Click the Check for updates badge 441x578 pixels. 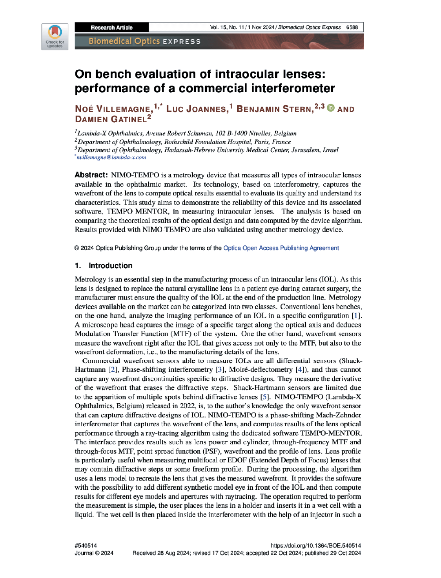click(x=55, y=37)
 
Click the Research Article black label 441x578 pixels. click(x=112, y=27)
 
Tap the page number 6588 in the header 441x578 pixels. click(x=352, y=27)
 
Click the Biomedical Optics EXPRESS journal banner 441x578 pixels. click(x=145, y=41)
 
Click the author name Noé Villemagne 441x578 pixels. click(x=113, y=109)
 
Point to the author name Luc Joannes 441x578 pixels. click(x=197, y=109)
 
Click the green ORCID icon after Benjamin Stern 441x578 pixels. click(x=331, y=108)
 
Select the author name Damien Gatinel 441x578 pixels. click(x=110, y=119)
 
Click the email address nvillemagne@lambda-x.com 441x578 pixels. click(x=111, y=158)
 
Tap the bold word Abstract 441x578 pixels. click(x=91, y=175)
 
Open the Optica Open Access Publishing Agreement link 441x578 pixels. click(x=281, y=248)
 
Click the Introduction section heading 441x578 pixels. click(x=110, y=266)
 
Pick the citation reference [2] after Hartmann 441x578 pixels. click(x=113, y=370)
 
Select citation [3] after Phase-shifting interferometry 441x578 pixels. click(x=220, y=370)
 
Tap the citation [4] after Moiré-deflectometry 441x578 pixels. click(x=300, y=370)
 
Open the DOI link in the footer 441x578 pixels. click(x=316, y=546)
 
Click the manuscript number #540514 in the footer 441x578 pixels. click(x=86, y=546)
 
